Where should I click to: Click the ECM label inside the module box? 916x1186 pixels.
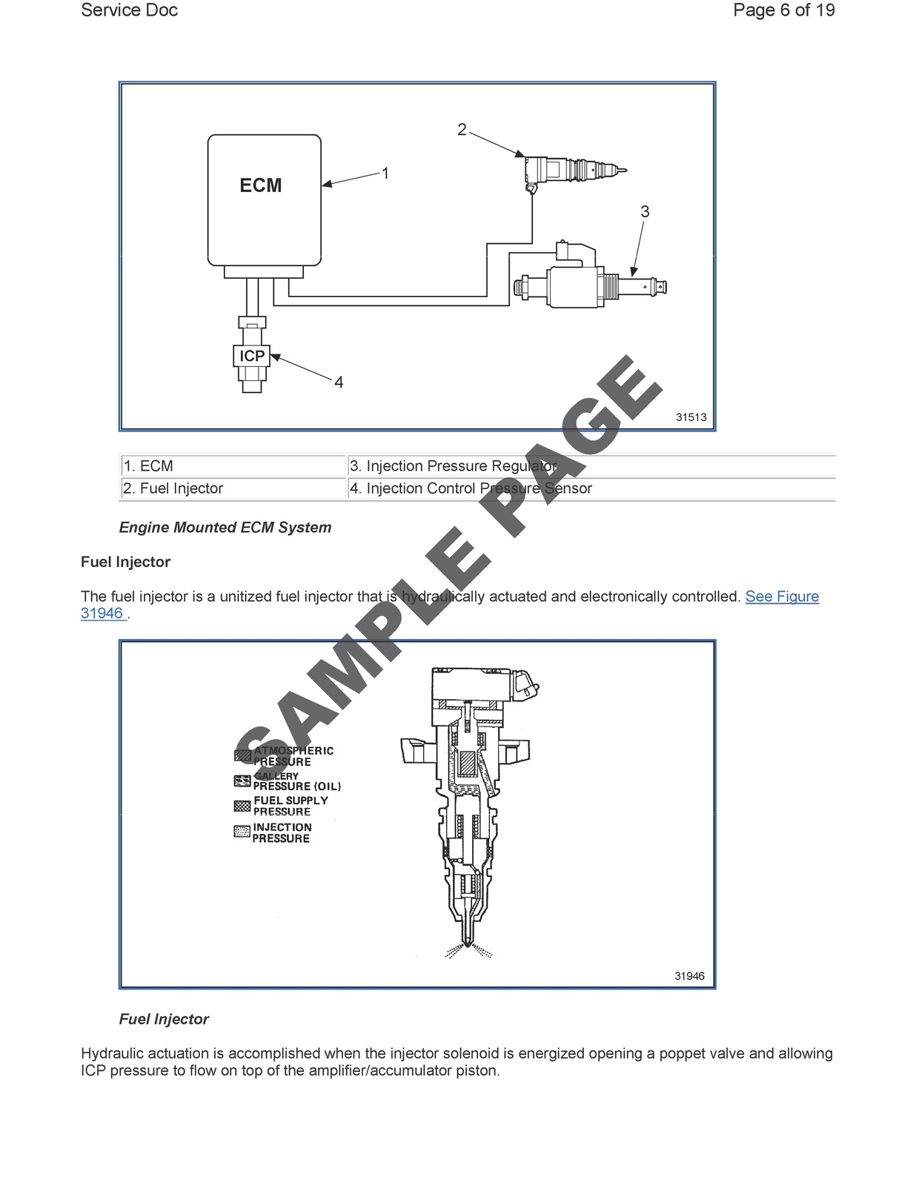(260, 185)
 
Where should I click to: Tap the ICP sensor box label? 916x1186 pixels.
(252, 356)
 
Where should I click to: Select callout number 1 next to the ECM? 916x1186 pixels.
(385, 173)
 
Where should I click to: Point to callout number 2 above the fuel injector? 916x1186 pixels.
(462, 130)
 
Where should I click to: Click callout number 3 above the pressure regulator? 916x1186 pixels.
(645, 212)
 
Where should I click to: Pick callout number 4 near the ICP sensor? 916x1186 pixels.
(339, 382)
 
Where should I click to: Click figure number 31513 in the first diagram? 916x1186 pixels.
(691, 417)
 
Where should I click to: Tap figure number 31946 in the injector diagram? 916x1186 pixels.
(689, 976)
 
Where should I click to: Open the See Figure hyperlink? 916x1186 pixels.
(782, 597)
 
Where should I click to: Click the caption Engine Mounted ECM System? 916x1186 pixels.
(225, 528)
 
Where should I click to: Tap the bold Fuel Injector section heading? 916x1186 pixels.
(125, 562)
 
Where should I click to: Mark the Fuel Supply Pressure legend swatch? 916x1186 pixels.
(242, 806)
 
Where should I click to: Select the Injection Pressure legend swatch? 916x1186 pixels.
(242, 832)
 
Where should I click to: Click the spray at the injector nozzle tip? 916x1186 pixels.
(468, 950)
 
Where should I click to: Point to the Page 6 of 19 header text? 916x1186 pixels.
(783, 10)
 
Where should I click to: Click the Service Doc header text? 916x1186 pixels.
(129, 10)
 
